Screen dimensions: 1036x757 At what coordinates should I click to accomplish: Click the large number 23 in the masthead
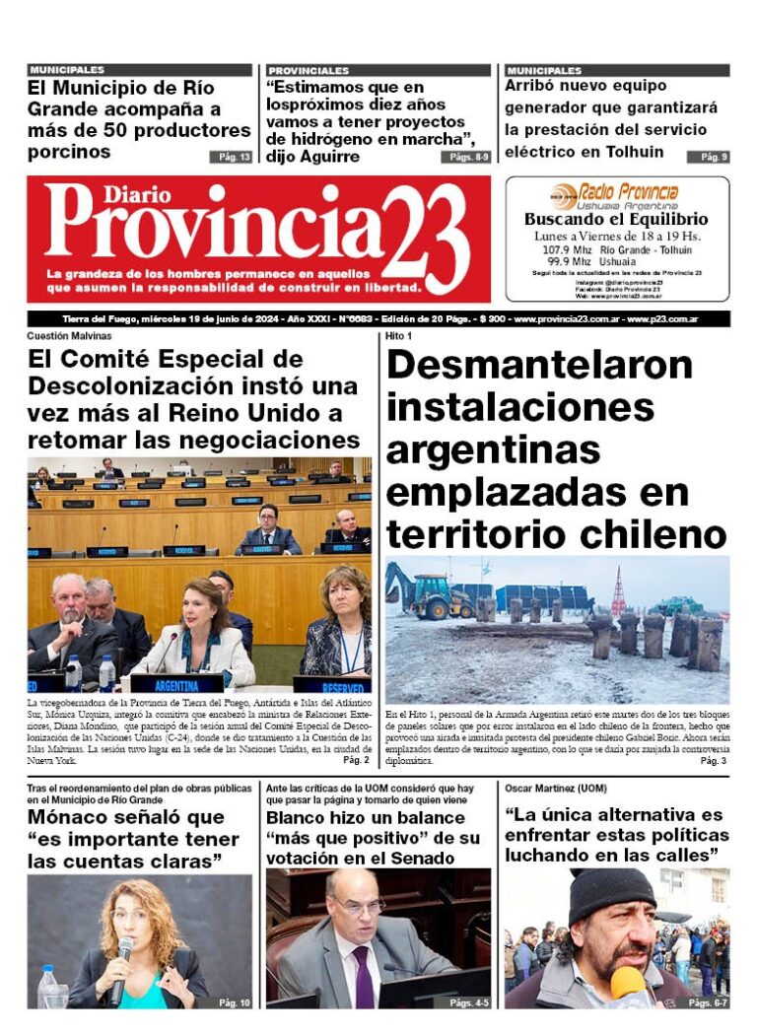coord(425,237)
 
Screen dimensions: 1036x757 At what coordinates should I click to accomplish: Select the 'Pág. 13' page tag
coord(230,157)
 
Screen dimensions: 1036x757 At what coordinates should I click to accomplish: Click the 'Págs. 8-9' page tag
coord(468,157)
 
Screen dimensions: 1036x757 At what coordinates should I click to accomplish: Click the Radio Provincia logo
coord(617,194)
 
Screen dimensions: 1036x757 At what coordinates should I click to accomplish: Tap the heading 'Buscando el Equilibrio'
coord(616,220)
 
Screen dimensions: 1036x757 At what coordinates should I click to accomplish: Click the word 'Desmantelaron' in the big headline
coord(539,365)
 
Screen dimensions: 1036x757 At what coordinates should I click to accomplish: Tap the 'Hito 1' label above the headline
coord(398,336)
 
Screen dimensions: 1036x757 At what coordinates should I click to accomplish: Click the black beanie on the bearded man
coord(611,891)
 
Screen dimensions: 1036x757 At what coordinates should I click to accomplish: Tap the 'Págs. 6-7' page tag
coord(708,1002)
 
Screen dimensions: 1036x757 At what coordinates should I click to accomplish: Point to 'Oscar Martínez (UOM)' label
coord(556,789)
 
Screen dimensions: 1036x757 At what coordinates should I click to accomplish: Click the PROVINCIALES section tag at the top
coord(309,71)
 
